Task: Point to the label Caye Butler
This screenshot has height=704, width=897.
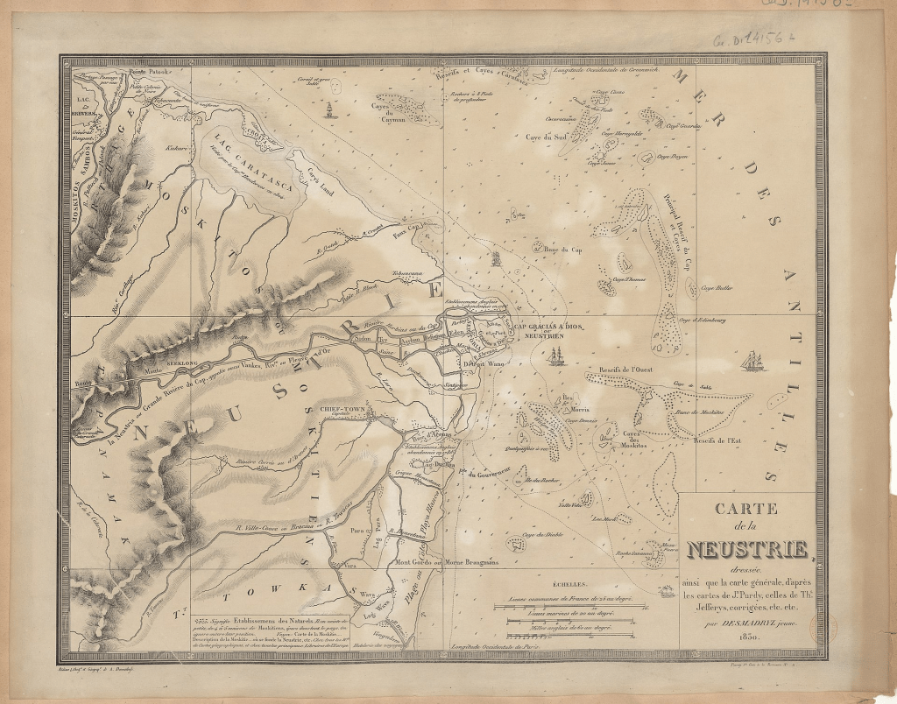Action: coord(716,286)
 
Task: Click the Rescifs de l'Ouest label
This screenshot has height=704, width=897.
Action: coord(621,370)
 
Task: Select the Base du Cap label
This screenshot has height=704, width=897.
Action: coord(563,250)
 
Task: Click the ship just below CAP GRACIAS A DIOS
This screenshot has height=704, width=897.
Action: coord(556,357)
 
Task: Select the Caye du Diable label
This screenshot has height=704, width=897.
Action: coord(541,534)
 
